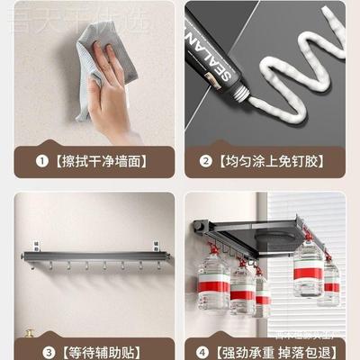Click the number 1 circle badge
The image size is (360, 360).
tap(39, 162)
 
